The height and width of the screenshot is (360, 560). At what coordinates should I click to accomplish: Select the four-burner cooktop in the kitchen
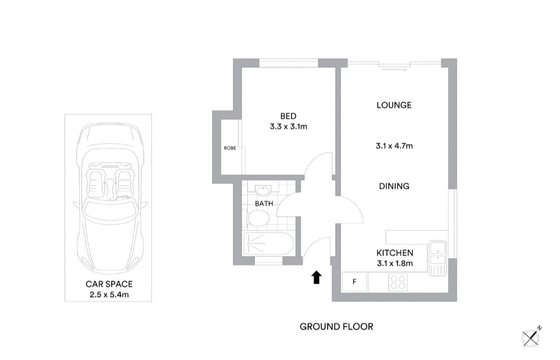point(398,282)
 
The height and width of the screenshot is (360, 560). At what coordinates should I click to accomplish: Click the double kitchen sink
point(438,258)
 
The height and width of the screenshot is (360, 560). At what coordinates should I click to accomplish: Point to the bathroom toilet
point(258,219)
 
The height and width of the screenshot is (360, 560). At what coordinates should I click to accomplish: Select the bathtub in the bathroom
point(268,244)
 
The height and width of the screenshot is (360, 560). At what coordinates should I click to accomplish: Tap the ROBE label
point(230,148)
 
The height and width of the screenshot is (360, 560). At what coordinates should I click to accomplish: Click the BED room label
point(288,116)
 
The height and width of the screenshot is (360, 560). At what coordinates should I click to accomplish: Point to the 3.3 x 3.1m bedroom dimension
point(289,127)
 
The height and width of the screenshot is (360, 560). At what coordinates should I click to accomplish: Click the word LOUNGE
point(394,105)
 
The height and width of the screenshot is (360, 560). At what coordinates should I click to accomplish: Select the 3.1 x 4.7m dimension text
point(394,145)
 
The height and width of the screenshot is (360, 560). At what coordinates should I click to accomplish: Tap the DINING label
point(394,186)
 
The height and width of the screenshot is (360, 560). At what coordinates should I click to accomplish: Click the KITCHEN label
point(395,253)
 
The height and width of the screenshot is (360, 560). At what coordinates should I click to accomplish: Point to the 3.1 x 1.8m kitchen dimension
point(395,263)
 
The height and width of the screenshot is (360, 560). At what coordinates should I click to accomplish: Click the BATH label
point(264,203)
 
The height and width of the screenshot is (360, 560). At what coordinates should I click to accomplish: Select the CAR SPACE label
point(109,284)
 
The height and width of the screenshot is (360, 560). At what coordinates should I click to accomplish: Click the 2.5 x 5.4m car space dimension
point(109,294)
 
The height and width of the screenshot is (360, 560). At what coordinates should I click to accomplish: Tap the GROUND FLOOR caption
point(337,327)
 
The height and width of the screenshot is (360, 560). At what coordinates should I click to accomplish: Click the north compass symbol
point(531,336)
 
